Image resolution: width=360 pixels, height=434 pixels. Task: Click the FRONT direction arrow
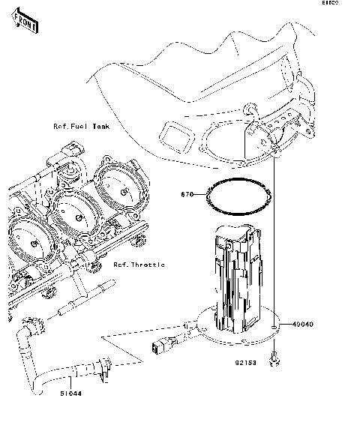tap(26, 26)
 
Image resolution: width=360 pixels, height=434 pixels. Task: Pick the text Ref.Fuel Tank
tap(80, 127)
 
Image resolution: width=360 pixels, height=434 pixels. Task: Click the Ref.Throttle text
tap(139, 265)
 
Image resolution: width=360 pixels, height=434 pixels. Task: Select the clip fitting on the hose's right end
tap(104, 367)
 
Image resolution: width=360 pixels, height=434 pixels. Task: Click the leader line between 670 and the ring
tap(201, 195)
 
